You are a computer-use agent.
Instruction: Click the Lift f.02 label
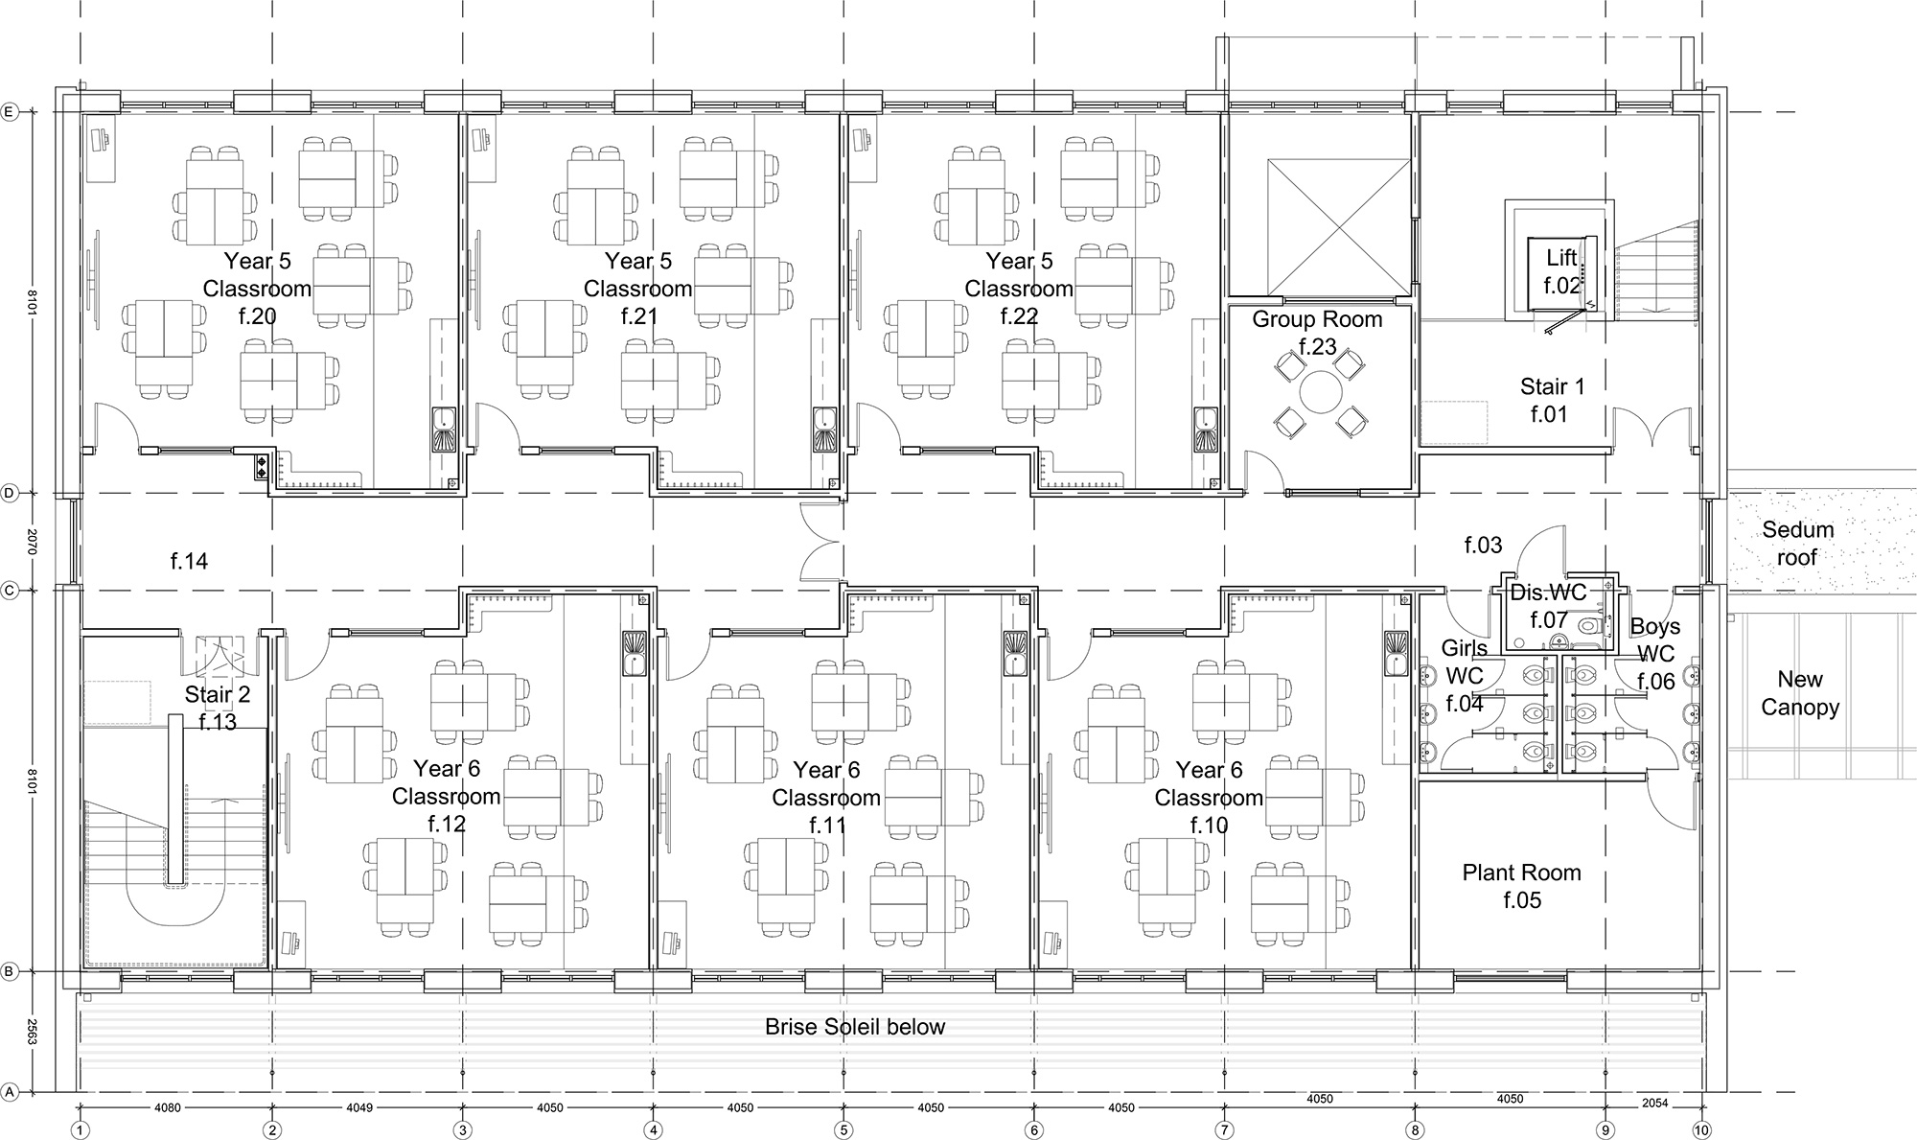(1561, 271)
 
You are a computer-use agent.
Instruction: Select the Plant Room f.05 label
(1521, 886)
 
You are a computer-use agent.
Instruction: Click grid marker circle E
(11, 112)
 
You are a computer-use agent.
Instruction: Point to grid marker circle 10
(1701, 1131)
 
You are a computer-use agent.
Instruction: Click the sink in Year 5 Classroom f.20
(445, 429)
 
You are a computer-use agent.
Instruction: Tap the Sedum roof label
(1797, 543)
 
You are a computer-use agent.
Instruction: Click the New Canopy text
(1800, 693)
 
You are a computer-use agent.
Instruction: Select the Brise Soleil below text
(855, 1027)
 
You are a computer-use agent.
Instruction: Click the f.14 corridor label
(189, 561)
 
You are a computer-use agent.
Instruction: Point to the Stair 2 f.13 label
(218, 708)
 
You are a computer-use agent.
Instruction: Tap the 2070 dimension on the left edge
(31, 542)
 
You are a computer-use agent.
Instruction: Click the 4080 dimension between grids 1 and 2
(168, 1107)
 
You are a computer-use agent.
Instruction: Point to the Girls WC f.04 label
(1464, 676)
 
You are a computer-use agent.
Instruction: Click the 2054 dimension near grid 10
(1655, 1103)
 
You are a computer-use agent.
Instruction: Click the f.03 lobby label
(1483, 545)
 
